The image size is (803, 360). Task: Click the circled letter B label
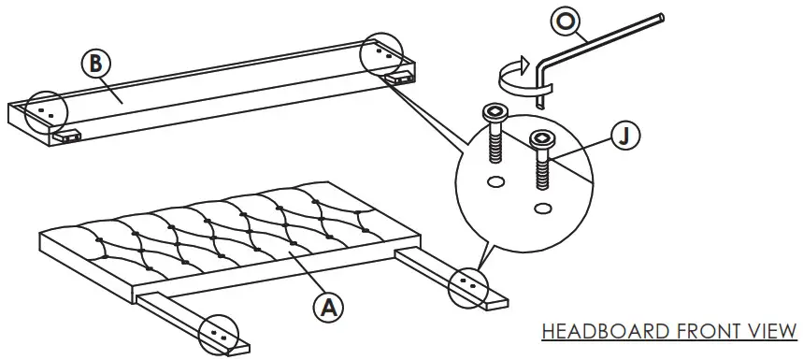pos(94,64)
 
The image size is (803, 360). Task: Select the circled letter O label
pos(565,21)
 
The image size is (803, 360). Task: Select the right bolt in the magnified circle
pos(542,159)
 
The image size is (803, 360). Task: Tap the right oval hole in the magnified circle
pos(543,206)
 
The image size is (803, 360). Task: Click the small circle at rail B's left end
pos(46,110)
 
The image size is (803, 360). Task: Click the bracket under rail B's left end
pos(68,136)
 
